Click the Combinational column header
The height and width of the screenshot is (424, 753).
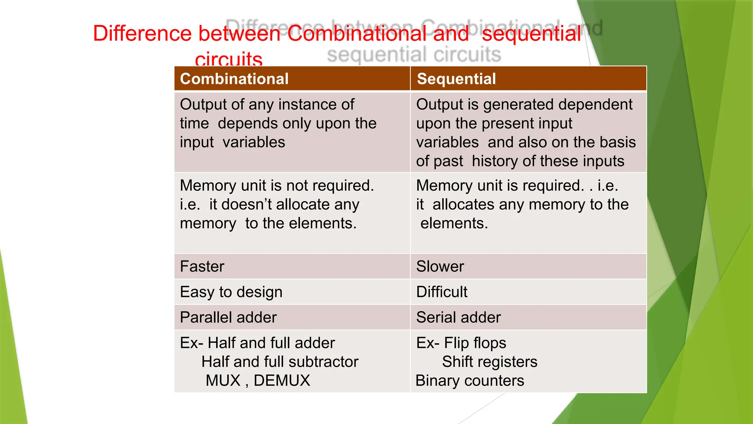[x=234, y=79]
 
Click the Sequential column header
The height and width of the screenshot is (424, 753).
[x=456, y=79]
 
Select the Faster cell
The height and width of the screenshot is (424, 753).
[x=202, y=266]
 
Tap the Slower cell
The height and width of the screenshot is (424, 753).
[x=440, y=266]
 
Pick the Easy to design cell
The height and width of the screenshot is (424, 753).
[x=231, y=292]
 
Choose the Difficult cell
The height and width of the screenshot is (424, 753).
[x=442, y=292]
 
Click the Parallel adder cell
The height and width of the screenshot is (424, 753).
[x=228, y=317]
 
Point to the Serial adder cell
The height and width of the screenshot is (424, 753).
[x=458, y=317]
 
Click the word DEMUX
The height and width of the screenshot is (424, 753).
[x=282, y=381]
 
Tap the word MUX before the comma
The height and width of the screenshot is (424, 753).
[x=223, y=381]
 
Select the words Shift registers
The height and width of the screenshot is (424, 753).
[x=489, y=362]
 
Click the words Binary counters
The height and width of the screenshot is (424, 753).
[x=470, y=381]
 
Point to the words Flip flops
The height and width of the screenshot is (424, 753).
[x=475, y=343]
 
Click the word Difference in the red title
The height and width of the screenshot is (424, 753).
[x=142, y=33]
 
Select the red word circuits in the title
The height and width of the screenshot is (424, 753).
[x=228, y=59]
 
